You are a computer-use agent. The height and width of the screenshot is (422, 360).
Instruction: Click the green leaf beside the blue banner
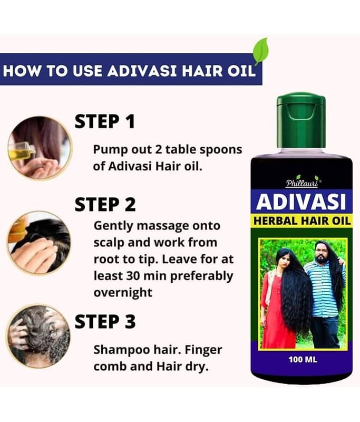pos(261,51)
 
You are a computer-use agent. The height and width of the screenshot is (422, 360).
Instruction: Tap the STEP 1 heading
pos(104,121)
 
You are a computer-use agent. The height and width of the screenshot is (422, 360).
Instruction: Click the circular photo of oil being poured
pos(40,148)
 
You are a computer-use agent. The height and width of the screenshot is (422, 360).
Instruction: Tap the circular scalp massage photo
pos(39,243)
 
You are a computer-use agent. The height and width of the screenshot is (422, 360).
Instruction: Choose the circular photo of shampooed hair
pos(38,337)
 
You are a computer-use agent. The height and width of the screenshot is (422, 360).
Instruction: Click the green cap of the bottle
pos(301,120)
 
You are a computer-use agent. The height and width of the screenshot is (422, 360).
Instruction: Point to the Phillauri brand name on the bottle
pos(302,183)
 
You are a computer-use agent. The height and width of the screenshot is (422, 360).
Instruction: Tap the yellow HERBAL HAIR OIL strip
pos(302,221)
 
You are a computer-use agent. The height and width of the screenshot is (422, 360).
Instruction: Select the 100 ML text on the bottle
pos(303,359)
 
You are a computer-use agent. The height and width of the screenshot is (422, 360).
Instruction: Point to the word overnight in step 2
pos(123,292)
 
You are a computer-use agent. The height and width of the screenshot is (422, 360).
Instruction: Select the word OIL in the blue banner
pos(241,71)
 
